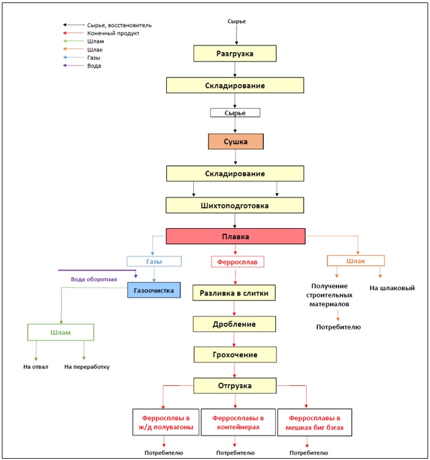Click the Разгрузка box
pyautogui.click(x=235, y=53)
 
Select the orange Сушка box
pyautogui.click(x=236, y=142)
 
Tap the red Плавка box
pyautogui.click(x=236, y=236)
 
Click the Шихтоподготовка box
pyautogui.click(x=235, y=205)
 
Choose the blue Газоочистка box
pyautogui.click(x=154, y=290)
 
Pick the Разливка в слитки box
pyautogui.click(x=234, y=293)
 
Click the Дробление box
pyautogui.click(x=234, y=324)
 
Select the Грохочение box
pyautogui.click(x=235, y=355)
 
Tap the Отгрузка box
pyautogui.click(x=235, y=386)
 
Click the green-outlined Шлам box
pyautogui.click(x=61, y=332)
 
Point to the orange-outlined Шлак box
pyautogui.click(x=356, y=261)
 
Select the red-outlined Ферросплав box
pyautogui.click(x=237, y=262)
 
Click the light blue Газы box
pyautogui.click(x=154, y=261)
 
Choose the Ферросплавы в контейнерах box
pyautogui.click(x=238, y=422)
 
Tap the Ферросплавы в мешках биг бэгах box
pyautogui.click(x=315, y=423)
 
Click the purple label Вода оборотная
pyautogui.click(x=94, y=279)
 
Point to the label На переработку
pyautogui.click(x=87, y=367)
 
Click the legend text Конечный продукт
pyautogui.click(x=113, y=33)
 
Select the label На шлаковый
pyautogui.click(x=392, y=288)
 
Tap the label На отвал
pyautogui.click(x=36, y=367)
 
